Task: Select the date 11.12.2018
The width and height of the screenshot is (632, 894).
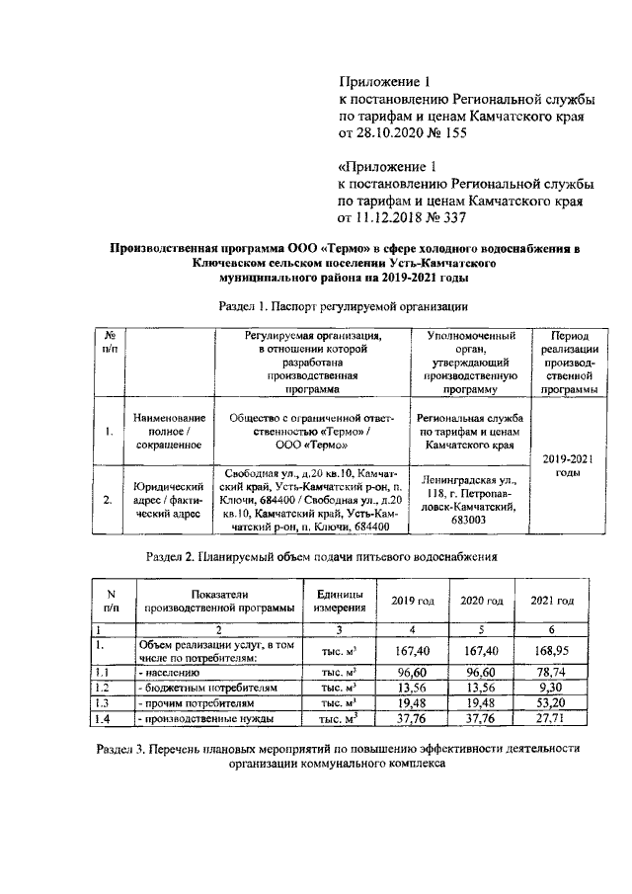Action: [x=389, y=219]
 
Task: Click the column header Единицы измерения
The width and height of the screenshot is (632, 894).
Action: [x=339, y=601]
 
